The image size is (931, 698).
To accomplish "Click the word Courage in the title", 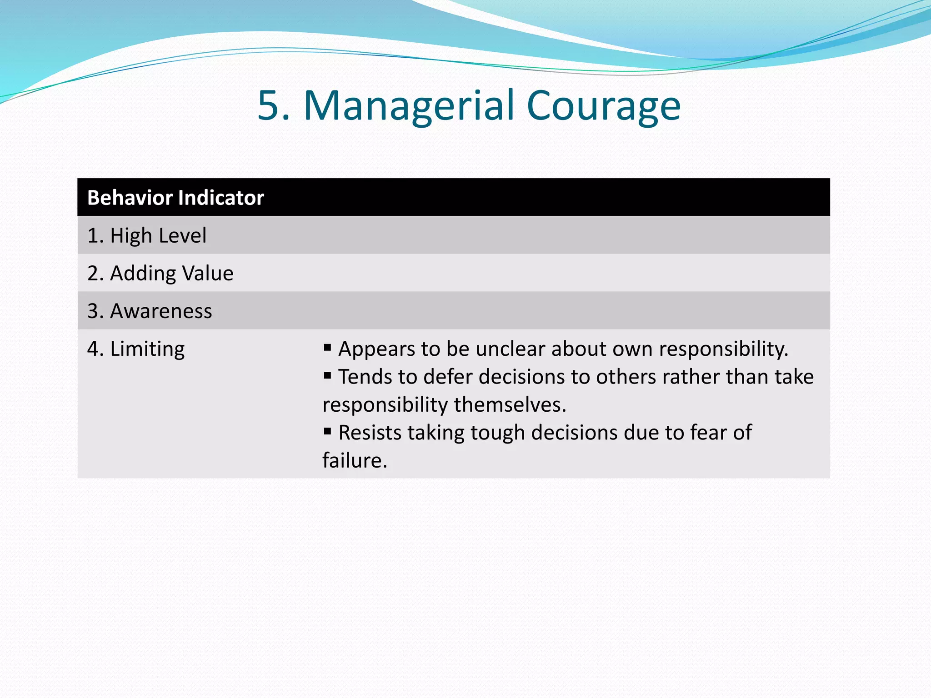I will point(603,106).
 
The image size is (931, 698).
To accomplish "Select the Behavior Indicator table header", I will point(175,198).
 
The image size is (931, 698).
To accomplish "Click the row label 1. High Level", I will point(146,235).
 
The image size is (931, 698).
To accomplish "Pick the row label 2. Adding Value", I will point(160,273).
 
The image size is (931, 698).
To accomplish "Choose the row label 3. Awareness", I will point(150,311).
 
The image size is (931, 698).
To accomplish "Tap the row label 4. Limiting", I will point(136,349).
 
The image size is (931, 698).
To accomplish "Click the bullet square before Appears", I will point(327,348).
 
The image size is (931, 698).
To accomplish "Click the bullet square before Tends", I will point(327,376).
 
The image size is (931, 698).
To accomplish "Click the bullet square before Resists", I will point(327,431).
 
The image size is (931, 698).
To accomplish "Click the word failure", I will point(355,460).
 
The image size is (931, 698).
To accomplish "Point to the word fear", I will point(710,432).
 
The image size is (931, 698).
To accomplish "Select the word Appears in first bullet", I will point(376,349).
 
